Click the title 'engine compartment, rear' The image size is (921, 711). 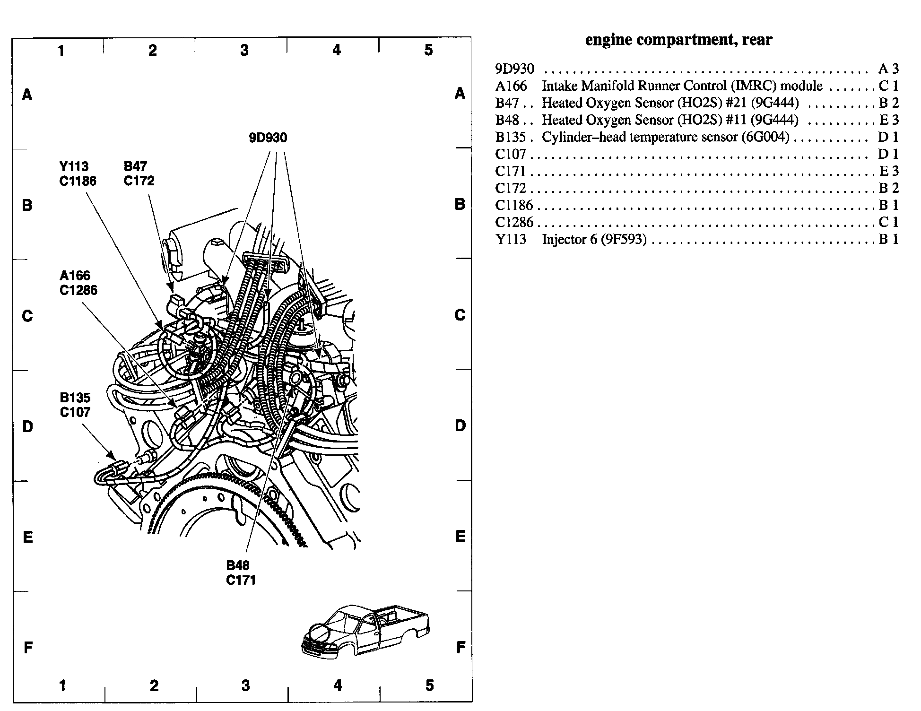point(678,40)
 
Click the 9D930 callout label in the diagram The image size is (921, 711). point(268,138)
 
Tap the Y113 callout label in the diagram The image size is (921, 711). point(74,166)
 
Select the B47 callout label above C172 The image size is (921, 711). point(135,166)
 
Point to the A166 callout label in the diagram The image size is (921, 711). point(75,276)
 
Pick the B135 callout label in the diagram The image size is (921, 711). point(75,398)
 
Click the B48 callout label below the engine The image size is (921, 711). point(238,565)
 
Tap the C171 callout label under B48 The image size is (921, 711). point(241,580)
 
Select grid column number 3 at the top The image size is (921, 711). point(244,50)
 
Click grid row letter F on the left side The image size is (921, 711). point(28,647)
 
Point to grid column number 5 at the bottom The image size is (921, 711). point(429,685)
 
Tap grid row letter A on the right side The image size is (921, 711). point(460,94)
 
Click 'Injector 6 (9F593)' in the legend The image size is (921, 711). point(594,239)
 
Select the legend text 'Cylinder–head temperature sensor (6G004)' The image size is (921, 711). point(665,137)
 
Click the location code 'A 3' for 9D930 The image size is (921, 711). point(888,69)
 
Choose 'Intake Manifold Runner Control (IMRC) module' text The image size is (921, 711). point(682,86)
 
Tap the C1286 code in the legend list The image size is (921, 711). point(514,222)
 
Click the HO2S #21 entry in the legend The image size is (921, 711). point(670,103)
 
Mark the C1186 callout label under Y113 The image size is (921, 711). point(78,181)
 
